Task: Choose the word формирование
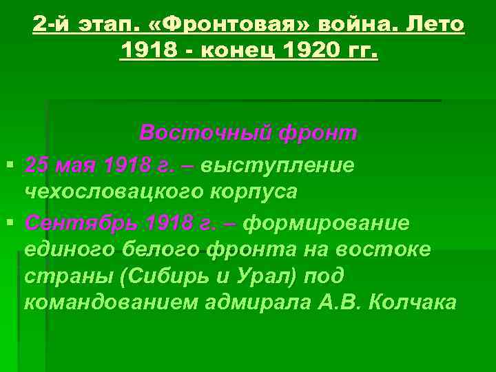[327, 224]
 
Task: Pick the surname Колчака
[413, 302]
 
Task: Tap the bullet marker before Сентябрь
[9, 225]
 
